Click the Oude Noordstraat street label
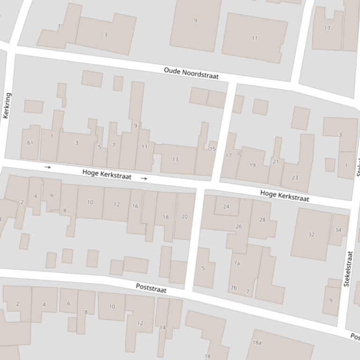pyautogui.click(x=191, y=73)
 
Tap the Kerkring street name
pyautogui.click(x=7, y=106)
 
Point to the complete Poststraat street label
pyautogui.click(x=151, y=288)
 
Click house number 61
pyautogui.click(x=30, y=143)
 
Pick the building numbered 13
pyautogui.click(x=175, y=159)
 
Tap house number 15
pyautogui.click(x=213, y=149)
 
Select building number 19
pyautogui.click(x=252, y=165)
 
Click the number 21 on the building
pyautogui.click(x=275, y=162)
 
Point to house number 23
pyautogui.click(x=294, y=178)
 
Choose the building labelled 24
pyautogui.click(x=226, y=207)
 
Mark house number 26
pyautogui.click(x=239, y=227)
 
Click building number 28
pyautogui.click(x=262, y=220)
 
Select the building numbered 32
pyautogui.click(x=311, y=235)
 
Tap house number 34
pyautogui.click(x=338, y=230)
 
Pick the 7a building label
pyautogui.click(x=237, y=263)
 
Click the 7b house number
pyautogui.click(x=234, y=288)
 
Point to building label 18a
pyautogui.click(x=257, y=343)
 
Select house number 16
pyautogui.click(x=135, y=206)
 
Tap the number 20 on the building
pyautogui.click(x=184, y=217)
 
